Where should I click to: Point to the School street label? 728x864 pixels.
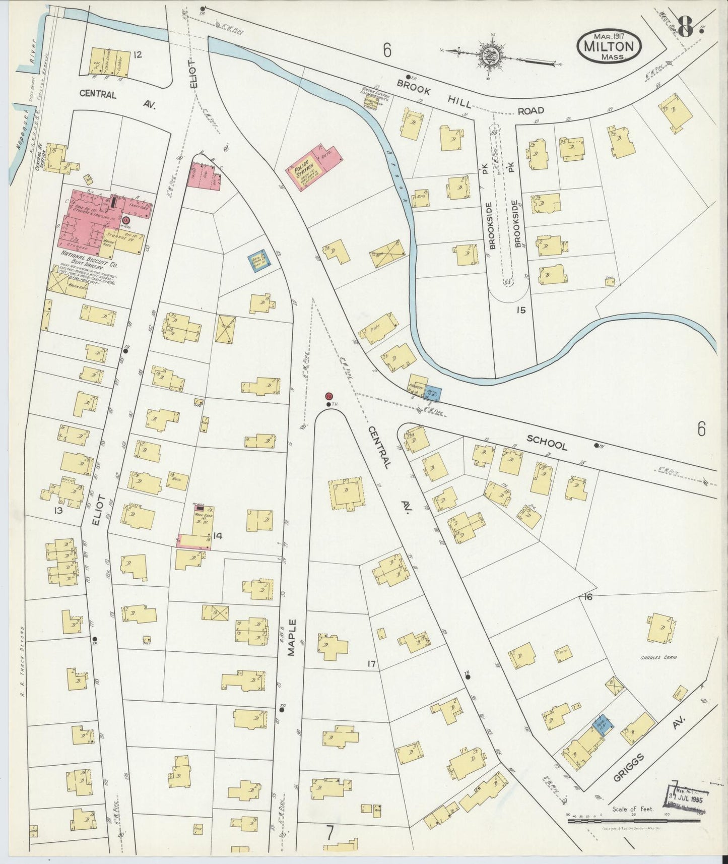click(x=547, y=442)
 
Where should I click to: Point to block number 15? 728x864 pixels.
click(x=520, y=310)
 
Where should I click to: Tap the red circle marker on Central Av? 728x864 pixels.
click(x=329, y=396)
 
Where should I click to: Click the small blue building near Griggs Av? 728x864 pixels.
click(x=603, y=724)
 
